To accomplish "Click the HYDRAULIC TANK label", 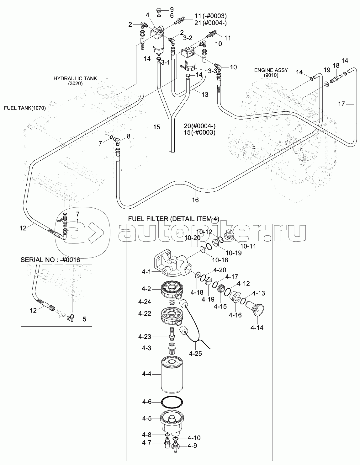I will pyautogui.click(x=75, y=81).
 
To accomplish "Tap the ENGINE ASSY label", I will pyautogui.click(x=267, y=73).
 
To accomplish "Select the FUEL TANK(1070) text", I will pyautogui.click(x=25, y=108).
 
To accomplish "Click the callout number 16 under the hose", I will pyautogui.click(x=195, y=200).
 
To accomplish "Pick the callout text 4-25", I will pyautogui.click(x=195, y=353).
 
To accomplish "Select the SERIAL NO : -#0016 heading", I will pyautogui.click(x=50, y=260).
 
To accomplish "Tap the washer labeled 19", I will pyautogui.click(x=327, y=83).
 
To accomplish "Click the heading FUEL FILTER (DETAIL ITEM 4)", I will pyautogui.click(x=174, y=219).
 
